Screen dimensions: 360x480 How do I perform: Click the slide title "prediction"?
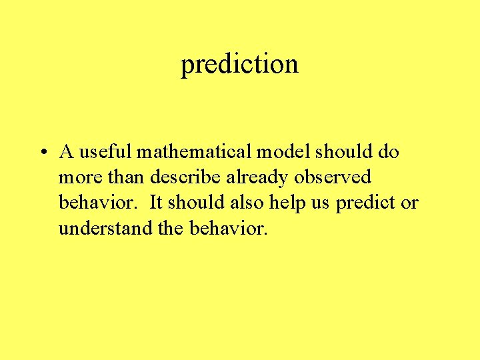239,65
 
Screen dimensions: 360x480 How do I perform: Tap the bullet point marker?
42,153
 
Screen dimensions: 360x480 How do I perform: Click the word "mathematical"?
193,152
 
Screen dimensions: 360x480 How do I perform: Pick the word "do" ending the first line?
388,152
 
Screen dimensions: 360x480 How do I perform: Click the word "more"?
77,178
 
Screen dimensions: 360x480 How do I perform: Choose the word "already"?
257,178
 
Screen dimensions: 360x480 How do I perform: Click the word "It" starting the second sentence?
156,203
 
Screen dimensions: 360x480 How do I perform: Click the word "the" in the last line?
171,229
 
